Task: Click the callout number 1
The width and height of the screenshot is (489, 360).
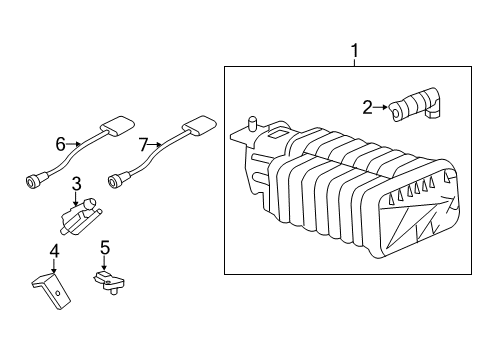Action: pos(352,49)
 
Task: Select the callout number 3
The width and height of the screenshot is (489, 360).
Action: pos(76,185)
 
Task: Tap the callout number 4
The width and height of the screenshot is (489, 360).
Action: pos(54,249)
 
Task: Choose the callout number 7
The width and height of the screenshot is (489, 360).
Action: pos(143,145)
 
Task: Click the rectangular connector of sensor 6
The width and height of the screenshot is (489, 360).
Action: pos(119,126)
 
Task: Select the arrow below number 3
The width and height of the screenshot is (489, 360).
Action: pos(76,199)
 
